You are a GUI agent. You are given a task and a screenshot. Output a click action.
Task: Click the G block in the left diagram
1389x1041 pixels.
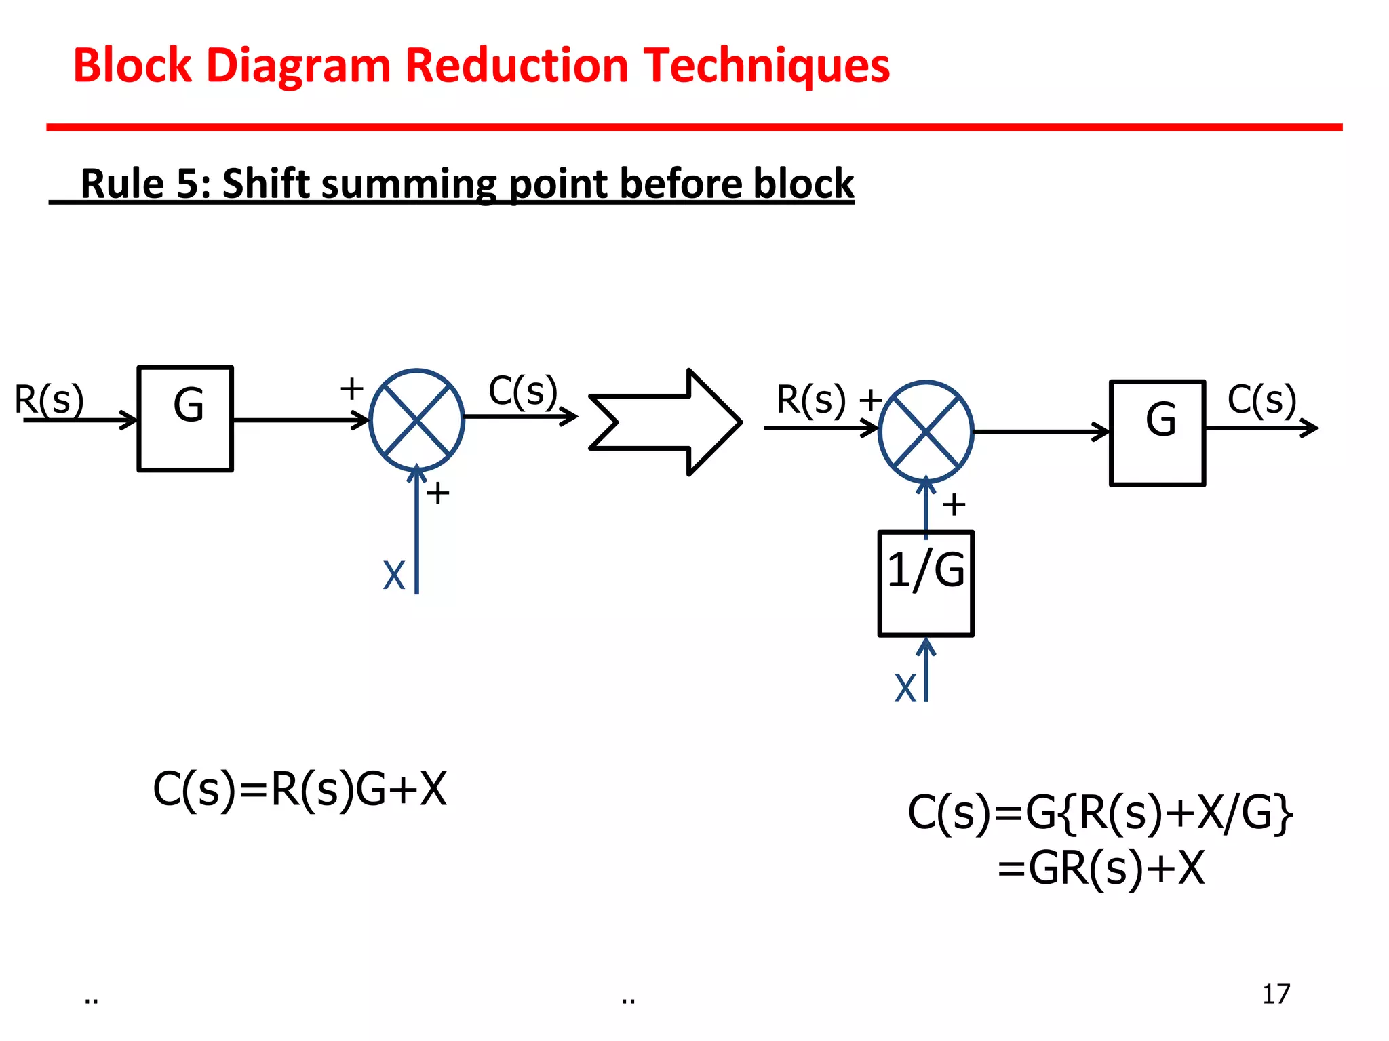[185, 418]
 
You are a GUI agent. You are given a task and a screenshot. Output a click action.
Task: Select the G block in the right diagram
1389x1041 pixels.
[1157, 433]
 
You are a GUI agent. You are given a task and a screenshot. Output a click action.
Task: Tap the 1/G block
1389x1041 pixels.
[926, 584]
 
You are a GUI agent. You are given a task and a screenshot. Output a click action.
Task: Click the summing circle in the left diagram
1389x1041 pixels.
[416, 420]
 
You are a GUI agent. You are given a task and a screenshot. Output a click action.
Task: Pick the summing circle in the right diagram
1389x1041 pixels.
[926, 432]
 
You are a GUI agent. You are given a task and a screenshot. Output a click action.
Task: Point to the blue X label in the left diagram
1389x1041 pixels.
[393, 575]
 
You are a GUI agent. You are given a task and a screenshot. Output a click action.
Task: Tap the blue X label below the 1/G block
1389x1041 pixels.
[905, 688]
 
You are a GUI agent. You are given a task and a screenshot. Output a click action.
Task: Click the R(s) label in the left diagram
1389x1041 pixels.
[49, 399]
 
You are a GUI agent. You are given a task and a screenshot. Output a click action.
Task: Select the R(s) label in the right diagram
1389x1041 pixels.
[811, 399]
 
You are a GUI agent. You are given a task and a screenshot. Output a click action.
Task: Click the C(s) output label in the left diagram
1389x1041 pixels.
[523, 391]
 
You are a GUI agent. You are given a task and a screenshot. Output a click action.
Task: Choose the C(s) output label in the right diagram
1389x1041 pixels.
[1261, 399]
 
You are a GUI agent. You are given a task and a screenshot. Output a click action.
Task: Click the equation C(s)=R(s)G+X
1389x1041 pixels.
[300, 790]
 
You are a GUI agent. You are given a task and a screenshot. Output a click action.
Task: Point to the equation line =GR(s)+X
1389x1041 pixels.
[1101, 868]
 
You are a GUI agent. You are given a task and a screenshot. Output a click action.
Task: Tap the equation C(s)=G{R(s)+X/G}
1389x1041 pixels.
[1100, 813]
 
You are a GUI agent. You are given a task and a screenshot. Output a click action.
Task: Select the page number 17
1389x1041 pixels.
[1276, 994]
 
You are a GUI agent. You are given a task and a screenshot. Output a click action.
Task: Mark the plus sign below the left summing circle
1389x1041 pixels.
[438, 493]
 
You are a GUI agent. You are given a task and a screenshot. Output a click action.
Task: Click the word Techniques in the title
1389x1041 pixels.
[766, 66]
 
